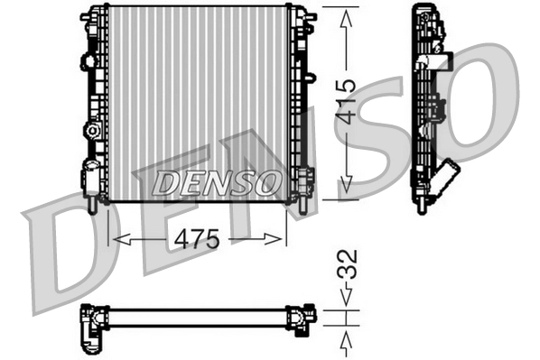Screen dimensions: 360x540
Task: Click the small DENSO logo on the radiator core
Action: pyautogui.click(x=215, y=182)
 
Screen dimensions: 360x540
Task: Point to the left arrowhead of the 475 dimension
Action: pyautogui.click(x=113, y=239)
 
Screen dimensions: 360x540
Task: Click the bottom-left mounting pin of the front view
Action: pyautogui.click(x=92, y=206)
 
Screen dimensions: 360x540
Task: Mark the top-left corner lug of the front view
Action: pyautogui.click(x=88, y=15)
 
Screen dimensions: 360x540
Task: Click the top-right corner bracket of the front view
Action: pyautogui.click(x=305, y=15)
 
